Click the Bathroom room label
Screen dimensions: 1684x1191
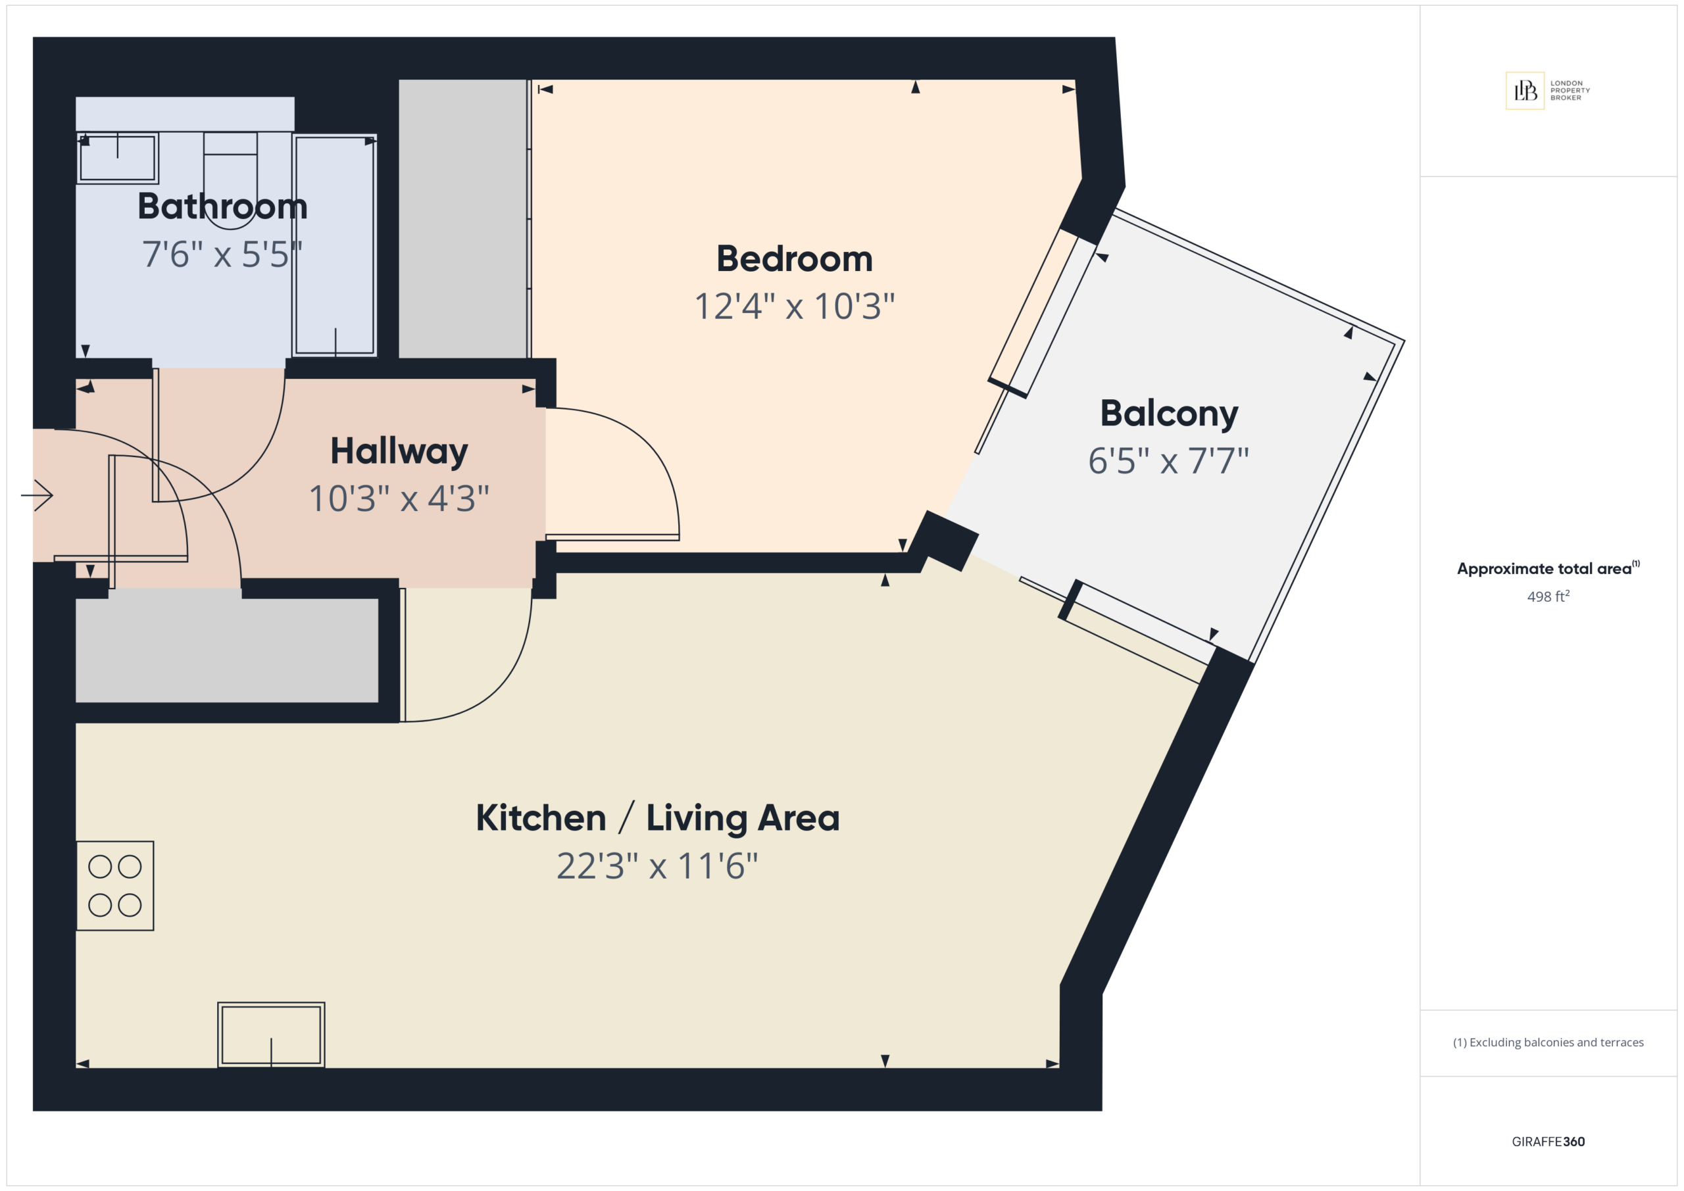pos(222,206)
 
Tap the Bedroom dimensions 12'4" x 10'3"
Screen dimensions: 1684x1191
pos(795,306)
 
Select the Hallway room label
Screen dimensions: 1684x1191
pos(399,452)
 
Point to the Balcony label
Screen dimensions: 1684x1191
pos(1169,414)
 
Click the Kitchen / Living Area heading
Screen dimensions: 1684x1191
pos(658,817)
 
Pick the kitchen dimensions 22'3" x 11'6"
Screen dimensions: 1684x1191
pos(657,866)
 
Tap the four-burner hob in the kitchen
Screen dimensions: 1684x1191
pos(115,886)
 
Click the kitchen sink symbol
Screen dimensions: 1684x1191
pos(272,1034)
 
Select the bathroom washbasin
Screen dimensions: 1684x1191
pos(117,158)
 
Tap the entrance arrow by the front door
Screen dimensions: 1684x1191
pos(37,495)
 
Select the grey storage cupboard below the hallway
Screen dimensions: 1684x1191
pos(227,650)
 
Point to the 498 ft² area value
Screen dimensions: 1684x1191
pos(1548,596)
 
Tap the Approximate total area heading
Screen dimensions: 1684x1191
pos(1548,568)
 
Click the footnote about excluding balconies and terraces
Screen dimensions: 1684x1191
pos(1548,1042)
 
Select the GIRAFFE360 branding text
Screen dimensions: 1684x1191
pos(1548,1141)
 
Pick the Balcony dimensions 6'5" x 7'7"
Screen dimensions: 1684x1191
pos(1168,461)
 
